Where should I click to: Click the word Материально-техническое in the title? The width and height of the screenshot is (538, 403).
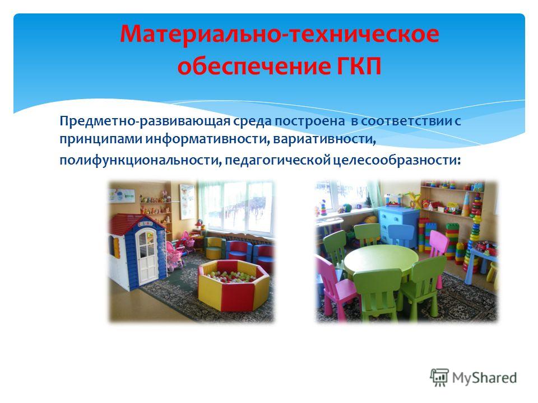[x=279, y=34]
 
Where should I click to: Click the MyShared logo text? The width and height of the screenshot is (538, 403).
[x=484, y=378]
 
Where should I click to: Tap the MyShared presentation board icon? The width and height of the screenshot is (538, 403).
[x=439, y=377]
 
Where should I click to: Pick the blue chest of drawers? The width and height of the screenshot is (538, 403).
[x=398, y=224]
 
